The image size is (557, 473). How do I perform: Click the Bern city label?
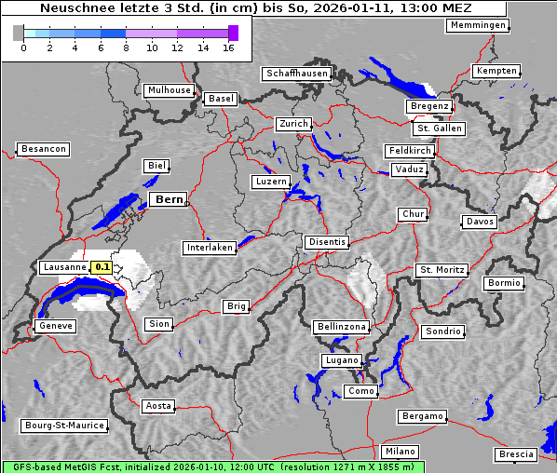[168, 199]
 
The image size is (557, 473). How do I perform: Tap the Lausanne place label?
[64, 267]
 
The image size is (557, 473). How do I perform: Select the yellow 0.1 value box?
[102, 267]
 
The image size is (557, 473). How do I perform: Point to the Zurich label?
[292, 124]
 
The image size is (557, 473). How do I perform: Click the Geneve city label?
[54, 326]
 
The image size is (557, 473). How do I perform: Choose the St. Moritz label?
[442, 270]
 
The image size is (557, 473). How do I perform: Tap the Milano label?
[401, 452]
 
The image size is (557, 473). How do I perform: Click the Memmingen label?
[478, 25]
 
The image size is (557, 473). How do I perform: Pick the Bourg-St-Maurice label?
[63, 426]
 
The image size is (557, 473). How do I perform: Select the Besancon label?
[43, 149]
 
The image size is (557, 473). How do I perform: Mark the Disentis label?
[326, 242]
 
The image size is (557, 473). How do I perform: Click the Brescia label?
[516, 454]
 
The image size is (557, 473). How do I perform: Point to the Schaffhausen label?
[296, 74]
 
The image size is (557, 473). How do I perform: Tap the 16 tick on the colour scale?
[228, 47]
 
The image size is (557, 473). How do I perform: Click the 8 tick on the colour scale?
[126, 47]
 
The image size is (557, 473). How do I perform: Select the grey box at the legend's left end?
[19, 33]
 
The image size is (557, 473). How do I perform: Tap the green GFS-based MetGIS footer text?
[212, 466]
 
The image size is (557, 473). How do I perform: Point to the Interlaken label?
[209, 248]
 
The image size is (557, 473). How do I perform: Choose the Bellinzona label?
[341, 327]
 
